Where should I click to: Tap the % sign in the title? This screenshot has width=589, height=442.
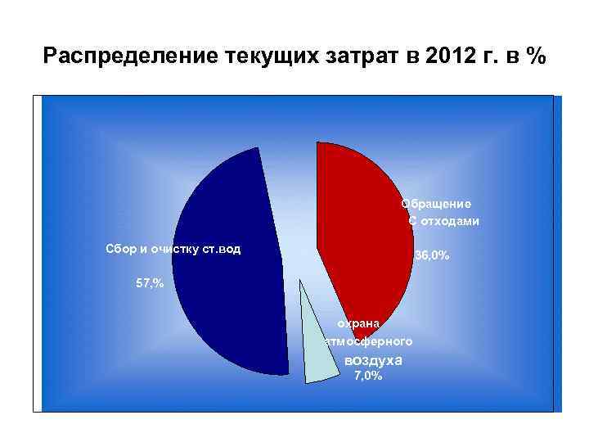(x=536, y=57)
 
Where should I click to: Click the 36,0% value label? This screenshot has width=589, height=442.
(x=432, y=256)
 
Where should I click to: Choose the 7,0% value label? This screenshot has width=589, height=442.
(x=367, y=376)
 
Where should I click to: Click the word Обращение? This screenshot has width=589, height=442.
(x=435, y=204)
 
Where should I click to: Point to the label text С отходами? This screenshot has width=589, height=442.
(x=443, y=221)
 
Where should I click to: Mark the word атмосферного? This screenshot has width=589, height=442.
(x=369, y=341)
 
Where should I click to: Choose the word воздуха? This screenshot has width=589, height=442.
(x=374, y=360)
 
